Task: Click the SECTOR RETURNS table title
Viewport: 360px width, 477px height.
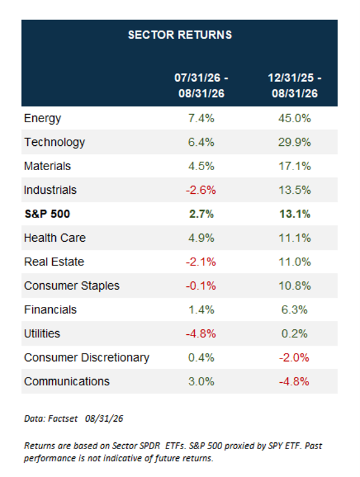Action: (180, 35)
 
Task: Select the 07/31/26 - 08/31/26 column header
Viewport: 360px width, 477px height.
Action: (202, 86)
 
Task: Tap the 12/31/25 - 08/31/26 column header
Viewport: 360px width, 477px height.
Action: (294, 86)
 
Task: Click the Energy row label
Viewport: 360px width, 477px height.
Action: (42, 118)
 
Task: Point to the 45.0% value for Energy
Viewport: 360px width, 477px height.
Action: (294, 118)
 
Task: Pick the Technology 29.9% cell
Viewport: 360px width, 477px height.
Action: (294, 142)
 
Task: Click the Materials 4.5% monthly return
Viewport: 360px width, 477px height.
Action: (202, 166)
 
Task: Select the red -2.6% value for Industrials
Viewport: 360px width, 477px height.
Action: (201, 190)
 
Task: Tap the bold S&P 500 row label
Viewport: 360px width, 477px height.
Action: (47, 214)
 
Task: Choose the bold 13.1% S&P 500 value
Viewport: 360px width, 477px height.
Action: (294, 214)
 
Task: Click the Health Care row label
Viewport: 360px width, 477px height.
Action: (55, 238)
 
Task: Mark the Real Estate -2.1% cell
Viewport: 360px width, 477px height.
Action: (201, 262)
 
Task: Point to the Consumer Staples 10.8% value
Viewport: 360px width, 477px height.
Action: (294, 286)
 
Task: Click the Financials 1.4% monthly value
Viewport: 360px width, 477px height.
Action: (202, 310)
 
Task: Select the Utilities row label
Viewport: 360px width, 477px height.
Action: (42, 334)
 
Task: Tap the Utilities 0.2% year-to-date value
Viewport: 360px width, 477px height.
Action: (294, 334)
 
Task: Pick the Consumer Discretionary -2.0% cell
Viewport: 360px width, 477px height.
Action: (294, 357)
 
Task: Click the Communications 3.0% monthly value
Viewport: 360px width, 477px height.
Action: (202, 382)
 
